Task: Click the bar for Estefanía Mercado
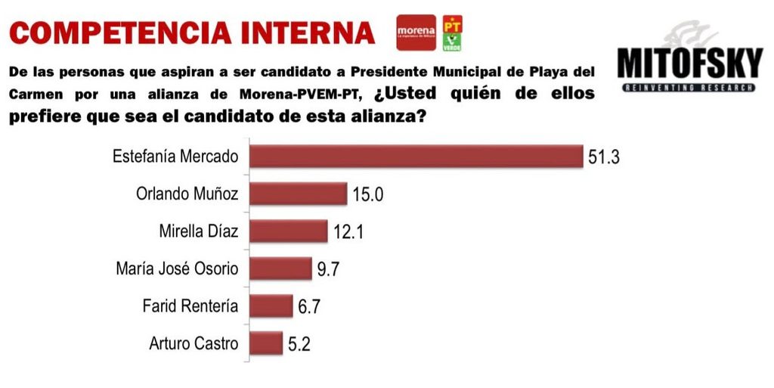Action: click(x=416, y=156)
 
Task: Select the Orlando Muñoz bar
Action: click(x=298, y=194)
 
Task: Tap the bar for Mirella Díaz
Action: click(x=288, y=231)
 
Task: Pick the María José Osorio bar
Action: click(x=280, y=268)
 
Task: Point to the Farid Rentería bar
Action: click(x=271, y=306)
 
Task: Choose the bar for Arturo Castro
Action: click(x=266, y=343)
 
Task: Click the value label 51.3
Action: click(x=604, y=157)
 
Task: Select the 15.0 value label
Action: click(x=368, y=194)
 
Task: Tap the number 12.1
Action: click(x=348, y=232)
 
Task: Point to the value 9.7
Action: click(x=328, y=269)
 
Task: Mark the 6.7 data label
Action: click(x=309, y=307)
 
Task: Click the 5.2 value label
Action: click(x=299, y=344)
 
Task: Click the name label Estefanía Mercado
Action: click(x=175, y=157)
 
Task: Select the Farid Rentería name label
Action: click(x=190, y=306)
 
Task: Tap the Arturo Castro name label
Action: click(x=193, y=343)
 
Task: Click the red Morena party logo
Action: click(x=416, y=33)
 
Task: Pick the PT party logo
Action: click(x=452, y=23)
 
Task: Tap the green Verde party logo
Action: click(x=452, y=42)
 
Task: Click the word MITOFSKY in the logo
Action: click(x=690, y=64)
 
